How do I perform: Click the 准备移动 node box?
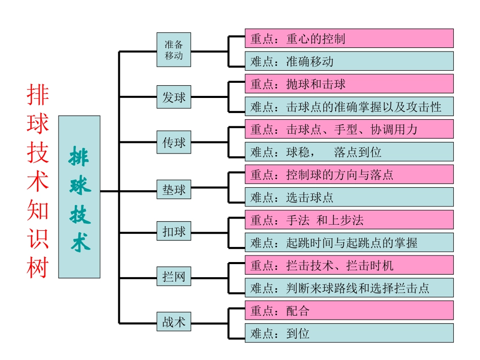pos(174,49)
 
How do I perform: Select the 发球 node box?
pos(174,97)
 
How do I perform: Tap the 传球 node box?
pos(174,143)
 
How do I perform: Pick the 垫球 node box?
pos(174,190)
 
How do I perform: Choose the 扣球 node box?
pos(174,232)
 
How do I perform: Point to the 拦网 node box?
pos(174,277)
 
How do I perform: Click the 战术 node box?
pos(174,322)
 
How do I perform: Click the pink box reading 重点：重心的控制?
pos(349,38)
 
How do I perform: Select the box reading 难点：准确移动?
pos(349,61)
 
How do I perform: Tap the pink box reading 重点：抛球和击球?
pos(349,84)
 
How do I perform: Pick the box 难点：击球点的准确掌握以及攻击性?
pos(349,107)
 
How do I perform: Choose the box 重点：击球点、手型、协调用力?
pos(349,129)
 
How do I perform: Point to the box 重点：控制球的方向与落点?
pos(349,175)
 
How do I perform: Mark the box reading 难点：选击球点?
pos(349,197)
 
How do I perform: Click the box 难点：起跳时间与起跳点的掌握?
pos(349,242)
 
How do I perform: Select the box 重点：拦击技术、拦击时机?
pos(349,265)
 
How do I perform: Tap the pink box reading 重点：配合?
pos(349,311)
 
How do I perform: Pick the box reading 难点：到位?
pos(349,333)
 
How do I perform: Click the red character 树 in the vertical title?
pos(38,267)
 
